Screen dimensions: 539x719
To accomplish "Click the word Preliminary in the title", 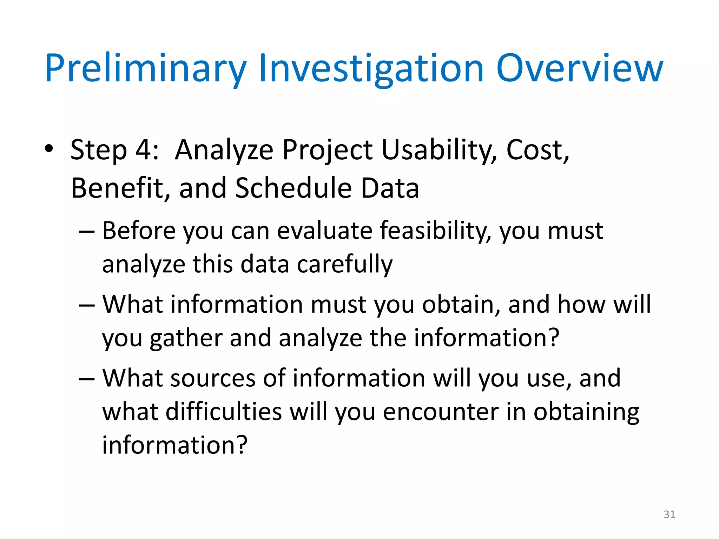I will click(x=145, y=68).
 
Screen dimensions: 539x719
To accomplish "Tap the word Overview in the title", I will click(x=579, y=68).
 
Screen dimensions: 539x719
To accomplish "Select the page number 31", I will click(x=669, y=514).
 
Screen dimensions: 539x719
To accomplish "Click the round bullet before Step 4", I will click(x=49, y=149).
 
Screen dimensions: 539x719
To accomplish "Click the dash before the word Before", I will click(x=87, y=232).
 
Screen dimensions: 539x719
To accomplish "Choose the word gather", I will click(x=186, y=338).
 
